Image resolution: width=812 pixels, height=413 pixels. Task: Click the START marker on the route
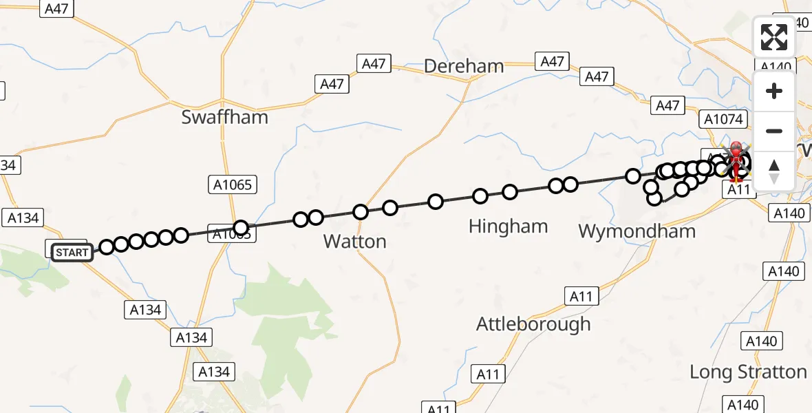tap(72, 253)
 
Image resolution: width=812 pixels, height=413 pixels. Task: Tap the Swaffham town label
tap(224, 117)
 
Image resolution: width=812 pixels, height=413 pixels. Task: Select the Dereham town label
tap(464, 67)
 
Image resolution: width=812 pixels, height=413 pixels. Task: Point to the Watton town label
tap(354, 242)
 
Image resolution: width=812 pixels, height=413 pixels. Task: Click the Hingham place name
tap(508, 226)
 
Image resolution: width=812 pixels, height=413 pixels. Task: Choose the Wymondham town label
tap(637, 231)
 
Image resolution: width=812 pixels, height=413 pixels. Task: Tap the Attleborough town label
tap(533, 324)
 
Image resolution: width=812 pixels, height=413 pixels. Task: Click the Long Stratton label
tap(748, 372)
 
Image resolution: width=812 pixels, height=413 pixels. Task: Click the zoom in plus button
tap(774, 92)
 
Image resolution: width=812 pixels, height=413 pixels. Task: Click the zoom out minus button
tap(774, 131)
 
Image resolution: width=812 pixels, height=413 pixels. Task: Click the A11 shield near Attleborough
tap(581, 297)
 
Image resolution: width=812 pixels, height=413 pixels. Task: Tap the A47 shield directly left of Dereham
tap(374, 64)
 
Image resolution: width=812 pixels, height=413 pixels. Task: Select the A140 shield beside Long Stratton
tap(761, 341)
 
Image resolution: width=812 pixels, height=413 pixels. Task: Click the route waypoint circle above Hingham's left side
tap(480, 197)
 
